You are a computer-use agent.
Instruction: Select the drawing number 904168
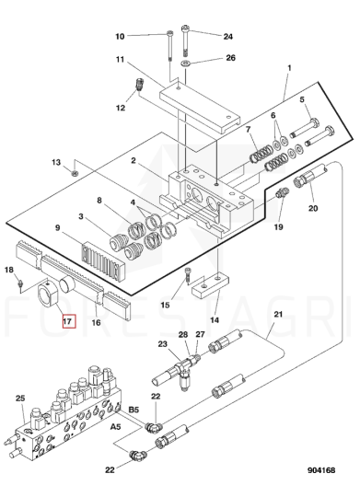(321, 470)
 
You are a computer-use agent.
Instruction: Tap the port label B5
(134, 410)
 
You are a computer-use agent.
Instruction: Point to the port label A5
(115, 427)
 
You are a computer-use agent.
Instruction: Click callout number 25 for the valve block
(20, 399)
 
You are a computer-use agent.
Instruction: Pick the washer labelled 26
(185, 64)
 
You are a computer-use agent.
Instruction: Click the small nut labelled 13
(75, 173)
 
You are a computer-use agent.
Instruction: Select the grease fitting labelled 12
(137, 84)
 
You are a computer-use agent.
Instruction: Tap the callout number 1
(289, 68)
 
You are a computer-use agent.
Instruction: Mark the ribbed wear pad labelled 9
(104, 258)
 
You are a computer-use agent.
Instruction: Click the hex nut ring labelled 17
(48, 295)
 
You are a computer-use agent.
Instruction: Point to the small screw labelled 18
(20, 283)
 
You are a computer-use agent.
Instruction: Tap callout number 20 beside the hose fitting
(313, 208)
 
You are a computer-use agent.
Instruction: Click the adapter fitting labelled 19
(281, 192)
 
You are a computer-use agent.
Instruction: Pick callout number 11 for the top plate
(120, 59)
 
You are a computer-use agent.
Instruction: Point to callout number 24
(228, 37)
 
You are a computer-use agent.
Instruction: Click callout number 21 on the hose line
(278, 315)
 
